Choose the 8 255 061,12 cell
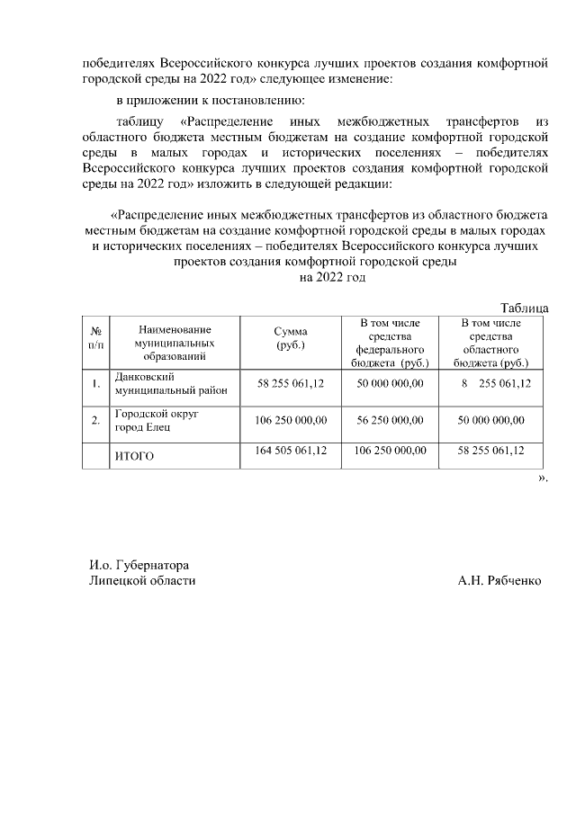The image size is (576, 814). tap(496, 384)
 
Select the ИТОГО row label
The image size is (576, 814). tap(134, 456)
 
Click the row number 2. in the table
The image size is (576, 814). tap(94, 420)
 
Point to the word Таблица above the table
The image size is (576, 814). tap(524, 308)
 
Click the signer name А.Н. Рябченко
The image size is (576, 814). tap(499, 581)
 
